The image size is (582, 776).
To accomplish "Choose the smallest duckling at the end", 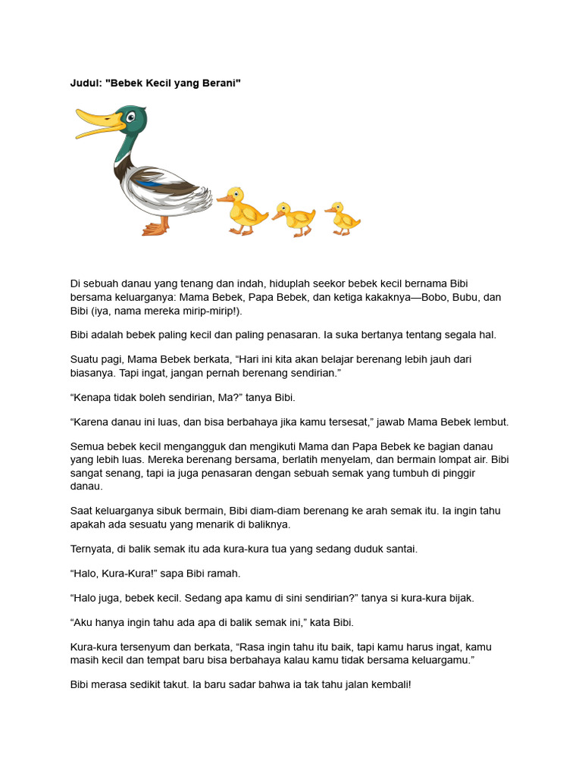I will click(x=343, y=217).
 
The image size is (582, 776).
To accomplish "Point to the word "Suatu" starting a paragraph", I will click(x=85, y=359).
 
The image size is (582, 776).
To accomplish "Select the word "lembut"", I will click(x=491, y=422).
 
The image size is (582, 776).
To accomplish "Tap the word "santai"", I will click(x=399, y=548).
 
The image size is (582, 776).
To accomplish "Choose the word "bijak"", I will click(x=459, y=598).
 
